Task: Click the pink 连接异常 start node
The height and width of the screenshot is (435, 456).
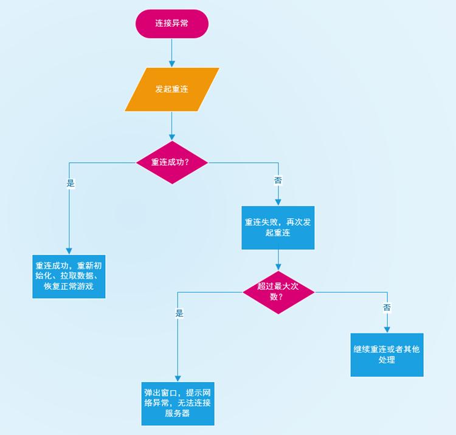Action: [x=172, y=24]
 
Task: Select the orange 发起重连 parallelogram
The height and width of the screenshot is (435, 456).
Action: [x=172, y=89]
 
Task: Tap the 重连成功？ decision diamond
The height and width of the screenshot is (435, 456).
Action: [x=172, y=163]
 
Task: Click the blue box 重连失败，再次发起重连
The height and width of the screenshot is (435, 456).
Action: [x=278, y=228]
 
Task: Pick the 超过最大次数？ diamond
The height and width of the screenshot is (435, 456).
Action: [x=278, y=292]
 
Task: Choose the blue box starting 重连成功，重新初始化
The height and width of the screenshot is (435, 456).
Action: [x=69, y=276]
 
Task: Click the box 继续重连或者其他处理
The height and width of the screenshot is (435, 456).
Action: [x=387, y=355]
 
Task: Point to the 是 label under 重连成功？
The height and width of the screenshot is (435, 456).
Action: [x=70, y=183]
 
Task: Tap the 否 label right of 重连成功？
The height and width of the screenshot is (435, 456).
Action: [x=278, y=181]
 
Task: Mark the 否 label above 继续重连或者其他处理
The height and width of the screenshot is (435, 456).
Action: [x=387, y=308]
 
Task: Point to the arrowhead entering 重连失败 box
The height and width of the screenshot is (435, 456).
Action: [x=278, y=203]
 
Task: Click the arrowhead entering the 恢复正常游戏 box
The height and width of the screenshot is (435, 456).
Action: [x=69, y=251]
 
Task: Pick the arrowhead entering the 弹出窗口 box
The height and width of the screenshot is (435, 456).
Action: [x=178, y=378]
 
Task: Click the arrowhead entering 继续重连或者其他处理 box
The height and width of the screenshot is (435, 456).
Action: [x=387, y=329]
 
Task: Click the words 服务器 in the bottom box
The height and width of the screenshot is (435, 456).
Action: [x=178, y=414]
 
